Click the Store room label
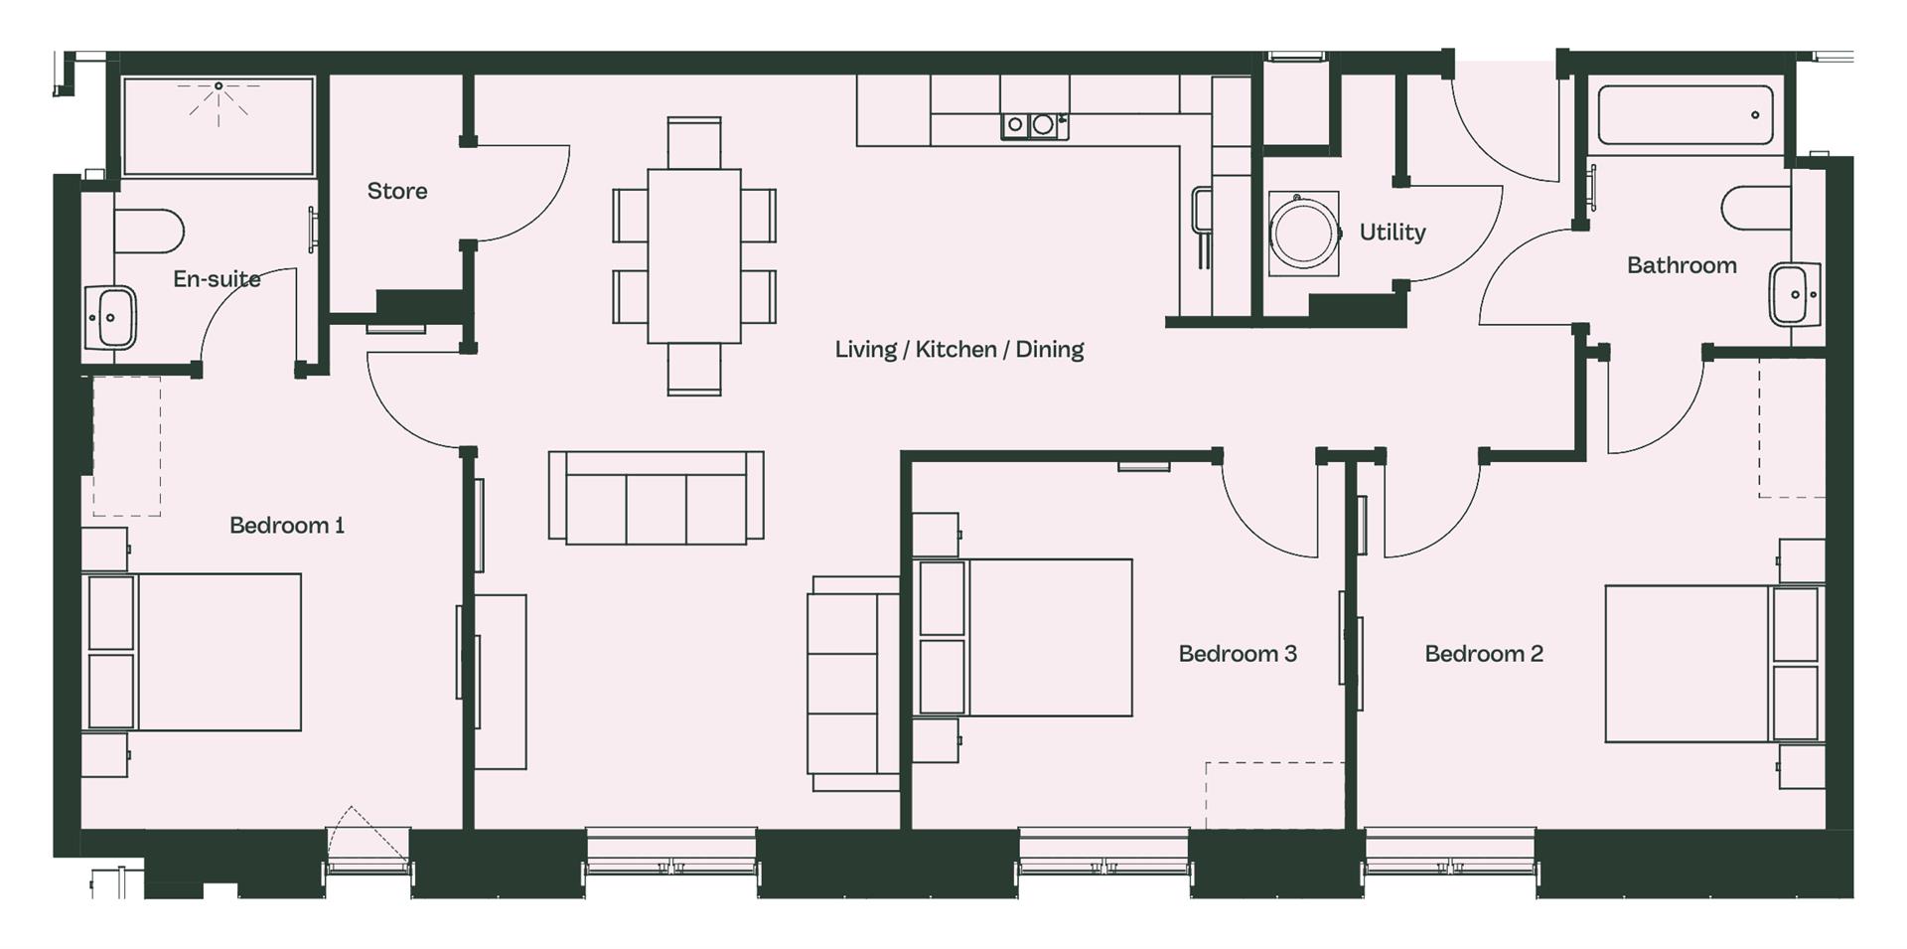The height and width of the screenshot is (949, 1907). (397, 191)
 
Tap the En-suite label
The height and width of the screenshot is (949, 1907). (217, 279)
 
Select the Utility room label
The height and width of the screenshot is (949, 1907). (1393, 233)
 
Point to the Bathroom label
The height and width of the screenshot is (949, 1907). (1682, 265)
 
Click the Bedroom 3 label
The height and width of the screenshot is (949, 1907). (1238, 654)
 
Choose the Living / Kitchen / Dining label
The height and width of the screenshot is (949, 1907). (958, 350)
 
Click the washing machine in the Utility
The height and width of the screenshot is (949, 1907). (1303, 235)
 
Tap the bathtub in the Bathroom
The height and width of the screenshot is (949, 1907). (1686, 115)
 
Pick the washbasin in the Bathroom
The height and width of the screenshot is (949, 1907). (1794, 295)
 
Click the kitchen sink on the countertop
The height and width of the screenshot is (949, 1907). (1034, 125)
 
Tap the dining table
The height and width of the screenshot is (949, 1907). (694, 256)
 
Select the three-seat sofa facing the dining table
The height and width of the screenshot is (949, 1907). (657, 497)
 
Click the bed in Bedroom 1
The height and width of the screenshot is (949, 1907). (193, 652)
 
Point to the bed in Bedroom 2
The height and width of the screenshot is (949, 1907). (1714, 664)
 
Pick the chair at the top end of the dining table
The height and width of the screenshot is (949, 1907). (694, 143)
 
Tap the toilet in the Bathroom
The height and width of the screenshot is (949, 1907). (1757, 207)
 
